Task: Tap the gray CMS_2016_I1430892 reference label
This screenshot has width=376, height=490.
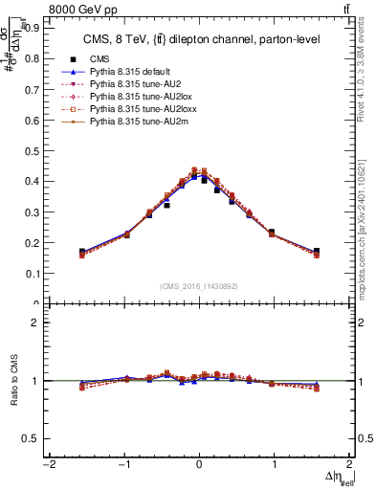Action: point(199,285)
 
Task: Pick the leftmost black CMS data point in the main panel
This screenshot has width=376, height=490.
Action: point(82,252)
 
